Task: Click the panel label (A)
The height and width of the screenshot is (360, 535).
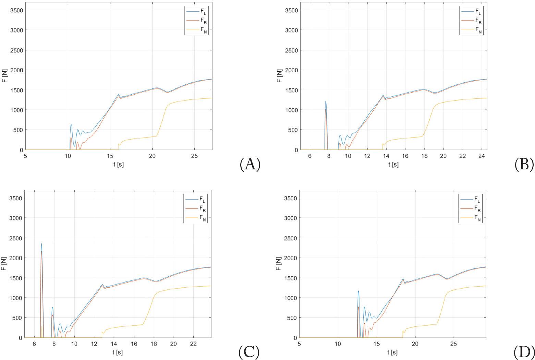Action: (250, 164)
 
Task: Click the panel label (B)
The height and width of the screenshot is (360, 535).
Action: (524, 164)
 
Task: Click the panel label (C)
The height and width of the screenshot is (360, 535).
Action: (249, 352)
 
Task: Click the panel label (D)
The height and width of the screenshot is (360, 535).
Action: (524, 352)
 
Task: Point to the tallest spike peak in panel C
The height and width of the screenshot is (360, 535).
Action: (41, 244)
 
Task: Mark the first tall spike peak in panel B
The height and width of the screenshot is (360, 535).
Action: (326, 101)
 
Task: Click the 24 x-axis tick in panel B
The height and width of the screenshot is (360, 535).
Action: (482, 156)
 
